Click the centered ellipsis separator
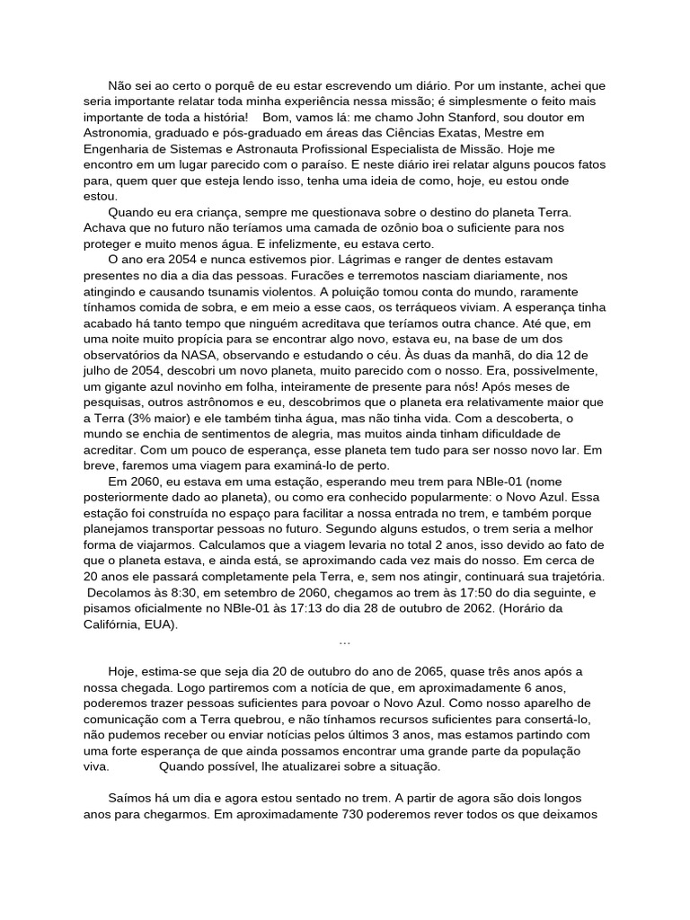(345, 641)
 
